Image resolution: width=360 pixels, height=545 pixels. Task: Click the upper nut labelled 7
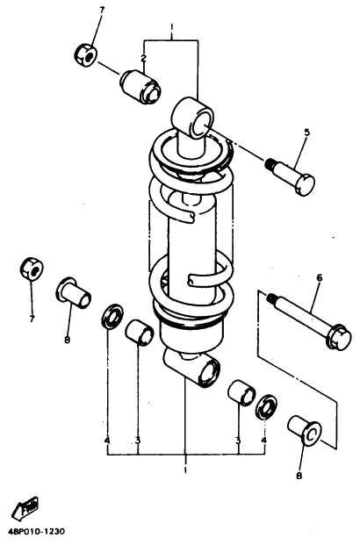point(85,55)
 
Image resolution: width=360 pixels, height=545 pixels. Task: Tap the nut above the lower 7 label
point(32,269)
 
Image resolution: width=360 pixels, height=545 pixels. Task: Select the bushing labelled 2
point(140,87)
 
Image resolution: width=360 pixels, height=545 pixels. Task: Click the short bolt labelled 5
point(291,176)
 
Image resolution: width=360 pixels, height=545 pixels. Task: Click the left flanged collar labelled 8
point(74,292)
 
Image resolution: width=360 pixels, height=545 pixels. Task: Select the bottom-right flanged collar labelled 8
point(305,430)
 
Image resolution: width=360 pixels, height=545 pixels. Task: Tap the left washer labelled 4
point(112,316)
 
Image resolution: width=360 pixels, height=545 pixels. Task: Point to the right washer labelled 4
point(266,406)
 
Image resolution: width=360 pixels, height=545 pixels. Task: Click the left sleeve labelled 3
point(140,333)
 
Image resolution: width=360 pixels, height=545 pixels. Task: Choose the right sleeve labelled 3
point(241,393)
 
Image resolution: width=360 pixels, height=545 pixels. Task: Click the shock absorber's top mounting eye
point(192,118)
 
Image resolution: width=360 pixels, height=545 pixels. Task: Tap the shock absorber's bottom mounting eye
point(192,369)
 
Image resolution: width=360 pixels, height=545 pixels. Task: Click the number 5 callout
point(306,133)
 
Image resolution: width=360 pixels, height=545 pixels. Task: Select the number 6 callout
point(320,277)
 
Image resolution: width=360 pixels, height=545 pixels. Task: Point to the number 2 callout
point(143,59)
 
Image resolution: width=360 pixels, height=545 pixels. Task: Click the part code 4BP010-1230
point(37,532)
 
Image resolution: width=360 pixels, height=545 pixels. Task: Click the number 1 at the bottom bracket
point(185,470)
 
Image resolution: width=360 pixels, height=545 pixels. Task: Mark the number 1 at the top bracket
point(171,27)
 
